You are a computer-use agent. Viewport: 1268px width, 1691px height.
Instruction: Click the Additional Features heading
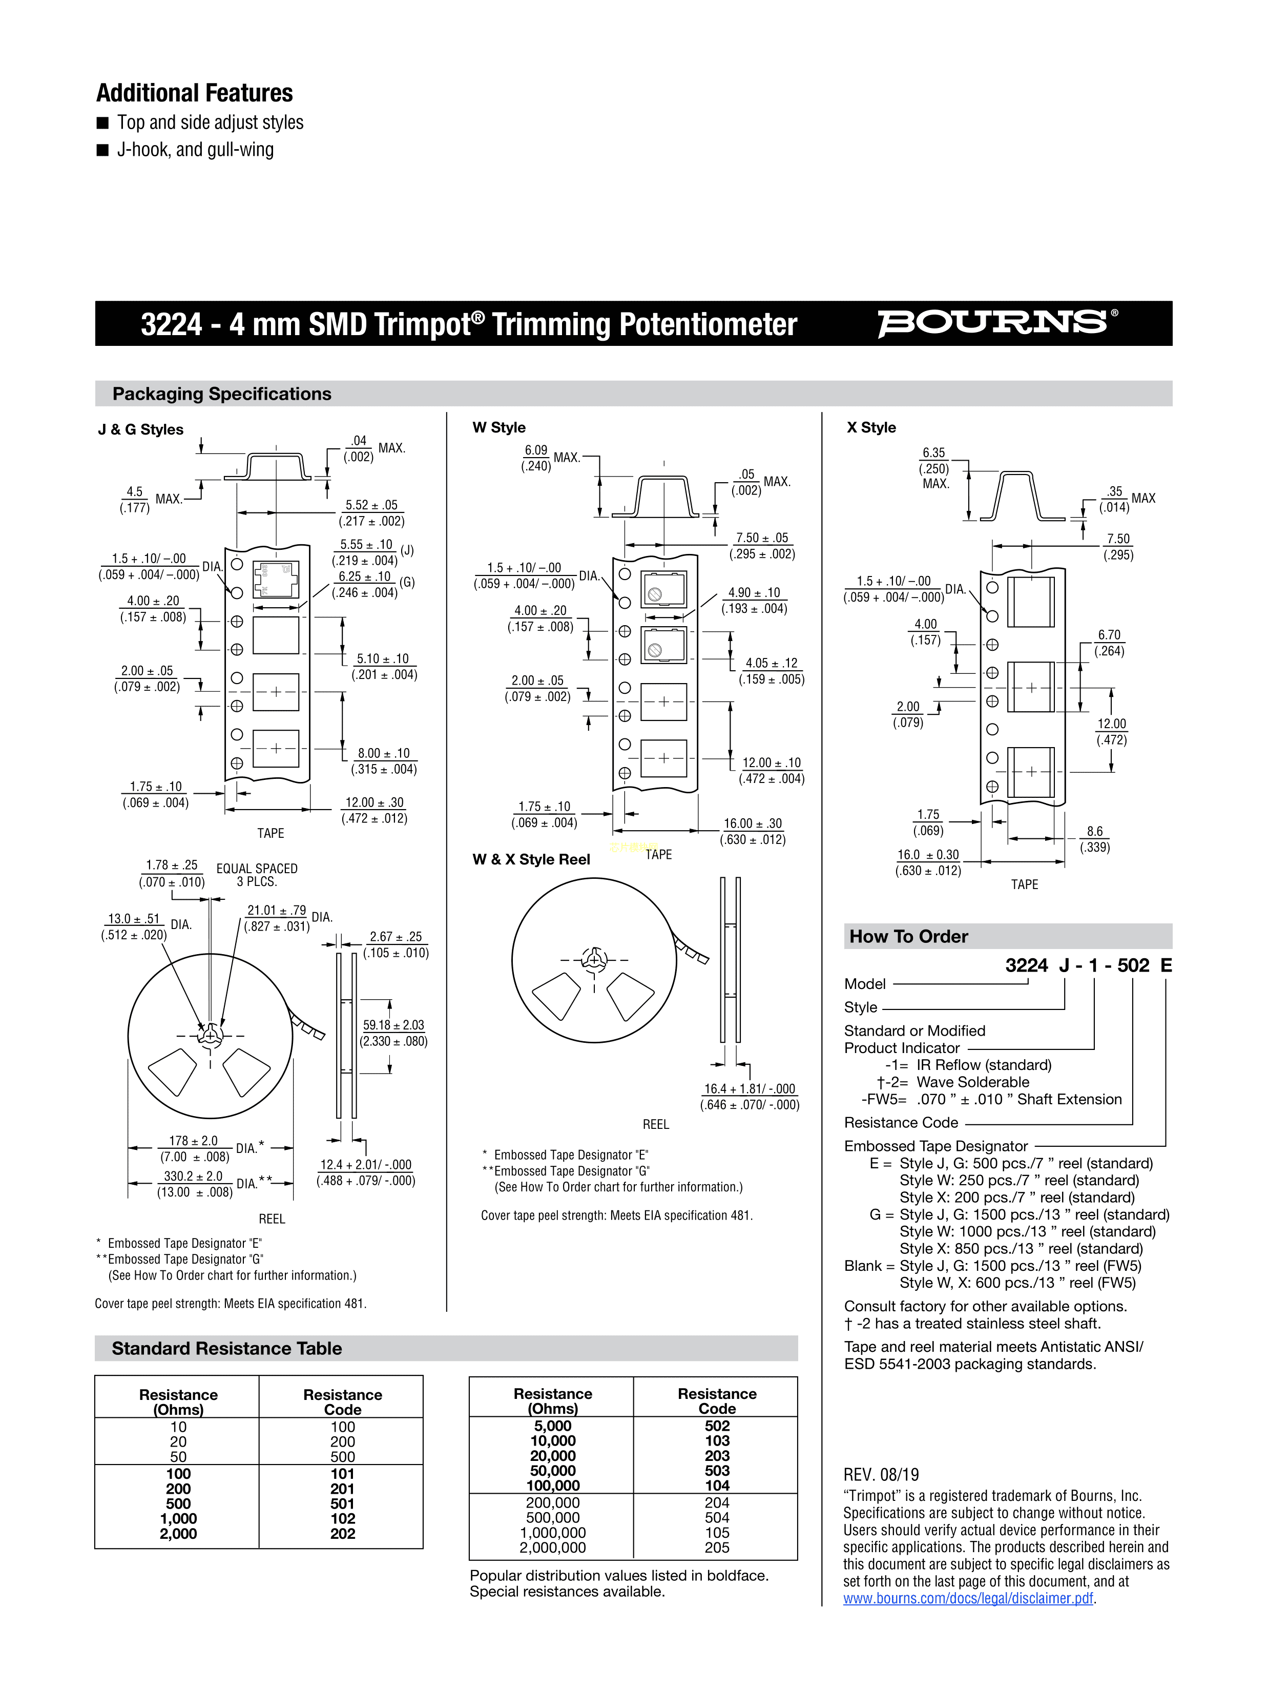click(194, 93)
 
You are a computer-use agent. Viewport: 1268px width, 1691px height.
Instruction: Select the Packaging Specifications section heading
click(222, 394)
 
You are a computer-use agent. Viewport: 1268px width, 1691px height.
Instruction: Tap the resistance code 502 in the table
click(717, 1426)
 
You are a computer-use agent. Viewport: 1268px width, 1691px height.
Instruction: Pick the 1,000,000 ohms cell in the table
click(553, 1533)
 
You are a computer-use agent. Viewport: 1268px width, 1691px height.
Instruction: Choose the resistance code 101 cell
click(342, 1474)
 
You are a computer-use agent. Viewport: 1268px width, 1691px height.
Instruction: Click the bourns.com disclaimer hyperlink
click(968, 1598)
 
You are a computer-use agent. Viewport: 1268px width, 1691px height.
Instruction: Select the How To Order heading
click(909, 937)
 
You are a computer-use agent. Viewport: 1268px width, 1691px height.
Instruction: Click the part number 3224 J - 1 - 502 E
click(1088, 965)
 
